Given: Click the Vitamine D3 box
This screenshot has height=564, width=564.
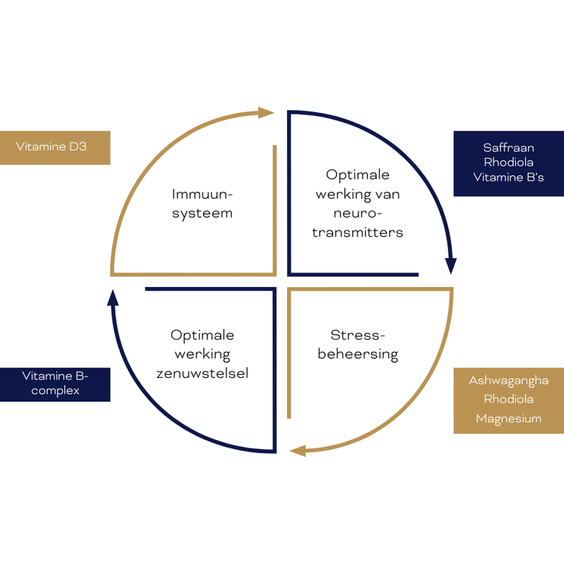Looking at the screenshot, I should click(x=55, y=147).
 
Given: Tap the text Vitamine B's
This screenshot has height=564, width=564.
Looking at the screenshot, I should click(x=508, y=178).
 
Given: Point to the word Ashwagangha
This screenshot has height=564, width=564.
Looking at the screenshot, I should click(x=508, y=381).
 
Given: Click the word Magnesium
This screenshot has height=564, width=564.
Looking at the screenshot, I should click(x=508, y=419).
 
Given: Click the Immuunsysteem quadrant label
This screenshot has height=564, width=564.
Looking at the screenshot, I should click(x=202, y=202).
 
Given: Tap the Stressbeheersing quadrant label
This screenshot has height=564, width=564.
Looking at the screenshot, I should click(x=357, y=344).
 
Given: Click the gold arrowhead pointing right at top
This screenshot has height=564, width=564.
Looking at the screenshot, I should click(x=266, y=113).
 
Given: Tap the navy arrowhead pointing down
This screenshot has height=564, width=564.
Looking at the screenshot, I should click(x=451, y=266).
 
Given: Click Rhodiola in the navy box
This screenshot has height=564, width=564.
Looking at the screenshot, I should click(x=508, y=162).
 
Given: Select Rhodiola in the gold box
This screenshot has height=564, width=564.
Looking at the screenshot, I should click(x=508, y=400).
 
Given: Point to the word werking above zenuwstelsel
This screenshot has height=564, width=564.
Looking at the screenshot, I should click(x=202, y=353).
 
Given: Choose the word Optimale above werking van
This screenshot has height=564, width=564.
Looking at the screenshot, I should click(x=357, y=174).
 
